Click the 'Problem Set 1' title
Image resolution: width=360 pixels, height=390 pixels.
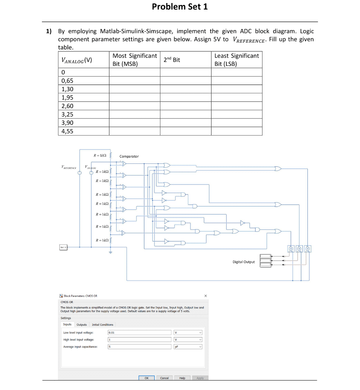[x=180, y=7]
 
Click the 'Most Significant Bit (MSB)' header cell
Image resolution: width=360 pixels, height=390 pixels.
[x=134, y=60]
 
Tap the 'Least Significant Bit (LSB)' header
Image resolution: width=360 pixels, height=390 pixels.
[x=237, y=60]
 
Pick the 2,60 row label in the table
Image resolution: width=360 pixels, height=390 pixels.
[x=67, y=106]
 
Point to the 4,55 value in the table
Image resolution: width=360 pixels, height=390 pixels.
[x=67, y=131]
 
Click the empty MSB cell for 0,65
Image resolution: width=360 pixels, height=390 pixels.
[x=134, y=81]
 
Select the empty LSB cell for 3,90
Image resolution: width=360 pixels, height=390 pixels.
[x=237, y=123]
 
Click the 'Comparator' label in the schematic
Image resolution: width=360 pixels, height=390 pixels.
[x=129, y=156]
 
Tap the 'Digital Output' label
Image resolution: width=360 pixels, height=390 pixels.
[x=244, y=262]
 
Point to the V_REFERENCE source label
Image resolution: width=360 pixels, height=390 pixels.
[x=69, y=167]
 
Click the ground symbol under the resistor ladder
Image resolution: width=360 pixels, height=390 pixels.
[x=111, y=252]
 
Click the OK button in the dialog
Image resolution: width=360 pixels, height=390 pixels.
[x=147, y=378]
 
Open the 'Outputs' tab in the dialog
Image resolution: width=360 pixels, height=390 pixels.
[x=82, y=324]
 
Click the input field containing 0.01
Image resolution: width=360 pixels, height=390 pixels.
[x=139, y=332]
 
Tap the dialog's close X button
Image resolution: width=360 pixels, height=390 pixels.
[x=205, y=296]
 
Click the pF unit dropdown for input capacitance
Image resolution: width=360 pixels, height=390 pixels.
[x=188, y=347]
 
